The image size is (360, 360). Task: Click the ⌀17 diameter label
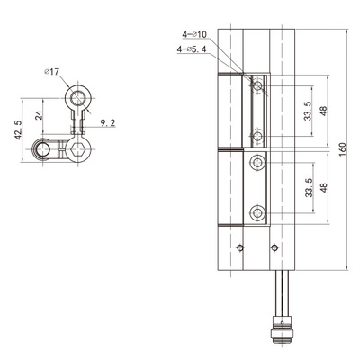(x=52, y=72)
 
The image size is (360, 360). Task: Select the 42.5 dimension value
(x=18, y=130)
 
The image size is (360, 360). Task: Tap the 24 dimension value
(x=39, y=115)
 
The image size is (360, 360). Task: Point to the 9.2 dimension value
(x=108, y=122)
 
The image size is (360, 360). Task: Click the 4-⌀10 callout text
(x=194, y=35)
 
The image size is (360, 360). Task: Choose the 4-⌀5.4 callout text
(x=192, y=49)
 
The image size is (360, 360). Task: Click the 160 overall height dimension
(x=343, y=149)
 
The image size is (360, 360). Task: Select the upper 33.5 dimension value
(x=308, y=111)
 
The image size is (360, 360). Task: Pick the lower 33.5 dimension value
(x=309, y=187)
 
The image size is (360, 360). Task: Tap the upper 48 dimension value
(x=323, y=112)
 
